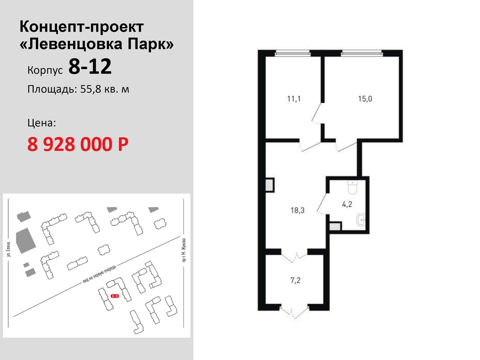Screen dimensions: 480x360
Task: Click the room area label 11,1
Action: (294, 99)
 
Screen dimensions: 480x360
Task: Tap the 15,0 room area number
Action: (365, 99)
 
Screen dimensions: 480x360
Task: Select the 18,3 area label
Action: (297, 210)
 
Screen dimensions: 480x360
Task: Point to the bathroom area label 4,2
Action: (347, 204)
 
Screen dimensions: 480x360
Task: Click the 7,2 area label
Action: (295, 280)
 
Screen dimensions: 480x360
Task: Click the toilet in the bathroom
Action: (352, 188)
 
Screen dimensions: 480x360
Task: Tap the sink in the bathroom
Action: (361, 219)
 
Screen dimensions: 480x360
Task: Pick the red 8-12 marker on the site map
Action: (115, 296)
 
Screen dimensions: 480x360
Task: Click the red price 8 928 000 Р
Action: (78, 144)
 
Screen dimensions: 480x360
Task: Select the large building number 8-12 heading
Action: (90, 67)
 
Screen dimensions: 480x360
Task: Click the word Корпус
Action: (45, 70)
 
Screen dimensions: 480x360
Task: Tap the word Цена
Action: (42, 123)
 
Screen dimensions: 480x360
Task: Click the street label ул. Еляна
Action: (9, 249)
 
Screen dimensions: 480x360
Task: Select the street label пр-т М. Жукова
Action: (184, 250)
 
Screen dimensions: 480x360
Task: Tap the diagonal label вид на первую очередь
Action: (99, 274)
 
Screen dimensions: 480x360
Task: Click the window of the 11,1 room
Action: (293, 53)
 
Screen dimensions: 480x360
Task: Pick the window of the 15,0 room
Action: (362, 53)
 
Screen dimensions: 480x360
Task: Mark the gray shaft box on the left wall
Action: (270, 185)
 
